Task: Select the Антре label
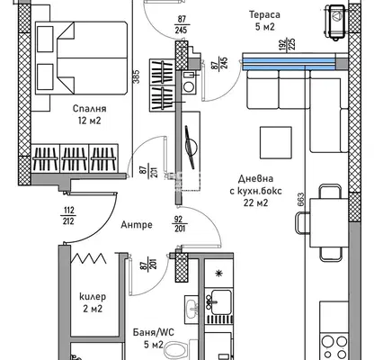137,225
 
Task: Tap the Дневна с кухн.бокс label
255,191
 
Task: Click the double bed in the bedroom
81,58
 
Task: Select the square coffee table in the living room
276,142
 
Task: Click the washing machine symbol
189,82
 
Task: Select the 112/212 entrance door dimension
68,215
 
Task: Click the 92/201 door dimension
180,223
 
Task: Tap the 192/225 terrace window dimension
288,44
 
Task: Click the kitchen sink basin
221,298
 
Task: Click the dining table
329,222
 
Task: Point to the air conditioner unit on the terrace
337,22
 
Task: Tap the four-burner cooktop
334,346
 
